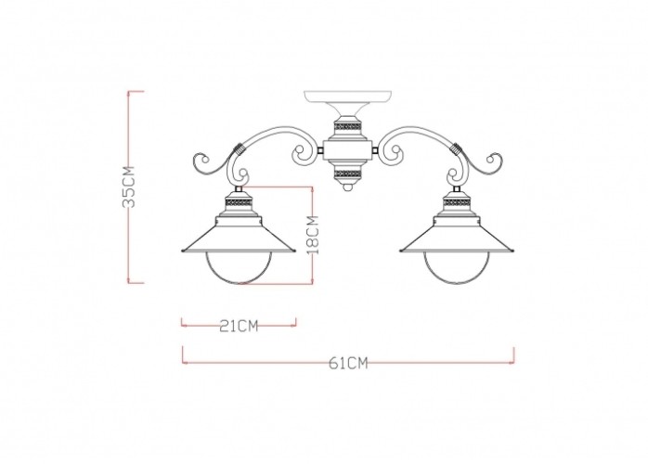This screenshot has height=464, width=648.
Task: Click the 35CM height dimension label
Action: click(129, 187)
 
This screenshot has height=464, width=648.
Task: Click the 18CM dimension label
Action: click(314, 235)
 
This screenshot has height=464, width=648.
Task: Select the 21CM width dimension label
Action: click(238, 325)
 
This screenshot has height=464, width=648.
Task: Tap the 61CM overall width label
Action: click(348, 363)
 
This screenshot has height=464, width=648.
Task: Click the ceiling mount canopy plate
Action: click(347, 97)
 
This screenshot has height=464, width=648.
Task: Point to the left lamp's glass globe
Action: click(237, 268)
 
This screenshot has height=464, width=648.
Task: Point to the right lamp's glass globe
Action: click(457, 268)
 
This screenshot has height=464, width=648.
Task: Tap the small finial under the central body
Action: click(348, 187)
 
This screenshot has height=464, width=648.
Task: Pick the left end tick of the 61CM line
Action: click(182, 354)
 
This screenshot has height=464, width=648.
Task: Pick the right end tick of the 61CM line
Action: click(514, 354)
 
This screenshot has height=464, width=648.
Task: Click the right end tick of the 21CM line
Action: click(295, 324)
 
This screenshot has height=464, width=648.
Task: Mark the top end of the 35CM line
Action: click(136, 92)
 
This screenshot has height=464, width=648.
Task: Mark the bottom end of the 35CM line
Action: click(136, 281)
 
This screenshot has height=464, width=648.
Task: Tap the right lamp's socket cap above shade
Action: click(457, 200)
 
